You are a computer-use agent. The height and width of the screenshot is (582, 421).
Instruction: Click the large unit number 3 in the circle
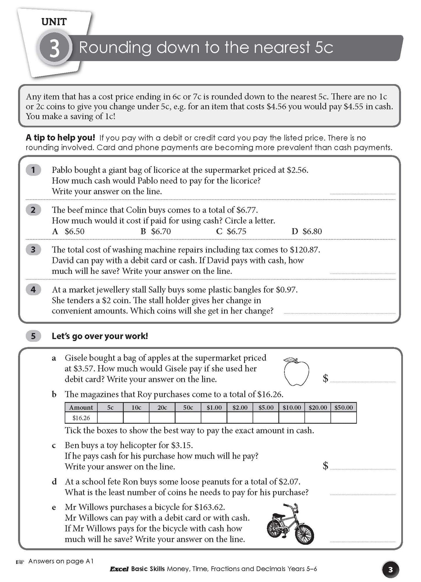pos(54,49)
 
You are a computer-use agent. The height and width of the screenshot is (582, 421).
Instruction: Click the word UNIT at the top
pos(54,22)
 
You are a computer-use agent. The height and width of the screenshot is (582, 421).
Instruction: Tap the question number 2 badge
pos(33,210)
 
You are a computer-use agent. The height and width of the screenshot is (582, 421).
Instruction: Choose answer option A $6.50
pos(68,232)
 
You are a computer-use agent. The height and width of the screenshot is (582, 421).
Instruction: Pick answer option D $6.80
pos(306,232)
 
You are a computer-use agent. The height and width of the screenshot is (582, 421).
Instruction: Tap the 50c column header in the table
pos(188,407)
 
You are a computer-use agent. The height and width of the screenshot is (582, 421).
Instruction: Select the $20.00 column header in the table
pos(318,407)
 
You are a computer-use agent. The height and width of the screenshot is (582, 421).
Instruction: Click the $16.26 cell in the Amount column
pos(81,418)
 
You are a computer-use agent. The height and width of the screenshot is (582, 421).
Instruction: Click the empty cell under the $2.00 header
pos(240,418)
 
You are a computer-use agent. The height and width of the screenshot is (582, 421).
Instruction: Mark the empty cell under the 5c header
pos(110,418)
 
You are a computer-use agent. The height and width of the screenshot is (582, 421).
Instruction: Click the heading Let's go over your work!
pos(100,336)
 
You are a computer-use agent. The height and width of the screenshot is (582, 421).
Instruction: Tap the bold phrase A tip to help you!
pos(60,138)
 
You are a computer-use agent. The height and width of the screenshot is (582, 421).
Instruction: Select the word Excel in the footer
pos(119,569)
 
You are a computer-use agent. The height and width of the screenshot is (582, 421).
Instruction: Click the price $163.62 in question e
pos(209,507)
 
